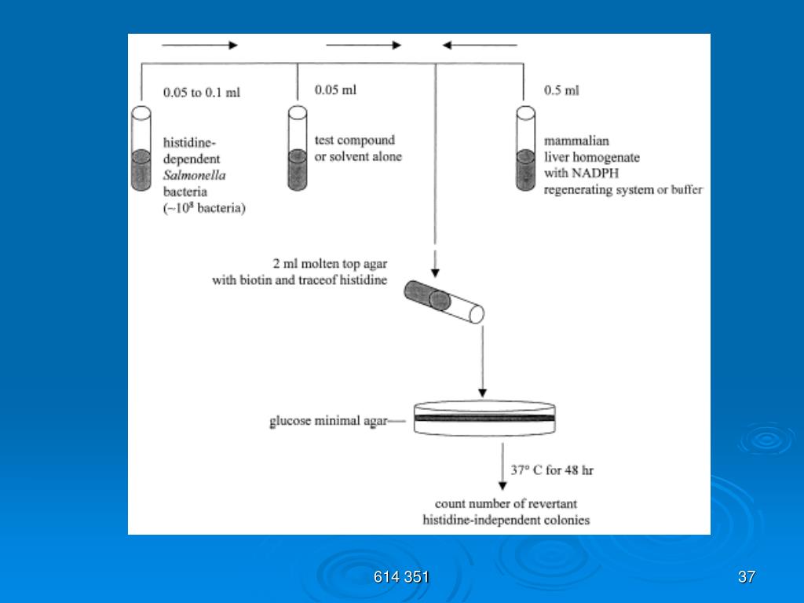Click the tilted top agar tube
[x=444, y=302]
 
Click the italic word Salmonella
[x=194, y=175]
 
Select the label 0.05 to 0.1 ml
[x=202, y=93]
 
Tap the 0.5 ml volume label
[x=561, y=90]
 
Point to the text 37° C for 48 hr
[x=552, y=471]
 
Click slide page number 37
[x=746, y=578]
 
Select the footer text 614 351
[x=401, y=578]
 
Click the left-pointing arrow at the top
[x=479, y=45]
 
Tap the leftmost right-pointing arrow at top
[x=199, y=45]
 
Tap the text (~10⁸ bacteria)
[x=205, y=208]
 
